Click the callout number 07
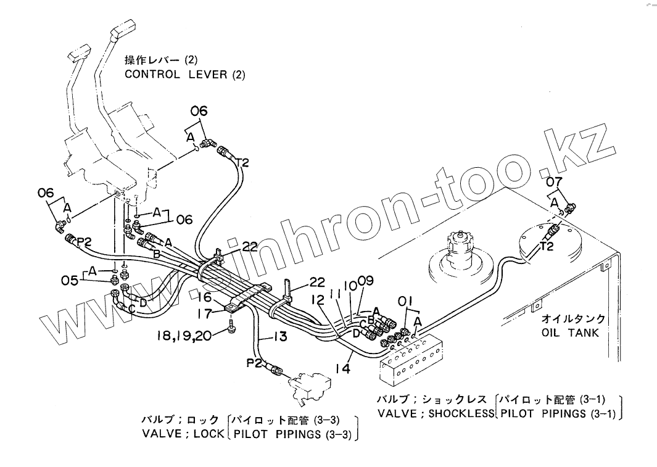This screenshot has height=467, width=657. pos(555,182)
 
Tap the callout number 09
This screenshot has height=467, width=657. pos(366,281)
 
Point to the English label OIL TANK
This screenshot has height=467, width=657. pos(570,333)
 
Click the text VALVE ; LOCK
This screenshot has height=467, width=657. pos(183,434)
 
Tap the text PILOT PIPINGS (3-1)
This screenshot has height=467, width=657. pos(558,413)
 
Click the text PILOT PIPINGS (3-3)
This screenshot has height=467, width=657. pos(292,434)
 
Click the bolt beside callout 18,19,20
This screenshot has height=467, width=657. pos(230,326)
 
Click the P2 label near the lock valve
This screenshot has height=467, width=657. pos(255,363)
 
